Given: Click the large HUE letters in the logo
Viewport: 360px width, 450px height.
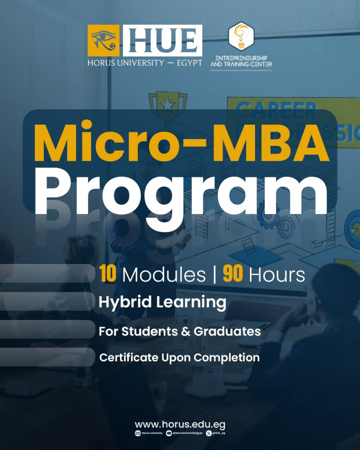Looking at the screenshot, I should click(162, 40).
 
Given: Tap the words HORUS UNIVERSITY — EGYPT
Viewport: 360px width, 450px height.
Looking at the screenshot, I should click(145, 63).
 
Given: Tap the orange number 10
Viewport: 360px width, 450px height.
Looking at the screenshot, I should click(108, 274).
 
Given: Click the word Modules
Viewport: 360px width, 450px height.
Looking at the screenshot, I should click(164, 275).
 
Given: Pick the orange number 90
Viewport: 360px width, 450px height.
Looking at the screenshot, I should click(233, 274).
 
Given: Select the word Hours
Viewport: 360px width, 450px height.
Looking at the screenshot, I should click(276, 275).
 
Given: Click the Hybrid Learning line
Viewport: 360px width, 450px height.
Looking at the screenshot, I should click(162, 302).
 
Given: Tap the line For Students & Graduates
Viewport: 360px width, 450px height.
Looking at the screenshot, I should click(179, 330).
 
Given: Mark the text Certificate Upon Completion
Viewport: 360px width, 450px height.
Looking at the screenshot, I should click(179, 358).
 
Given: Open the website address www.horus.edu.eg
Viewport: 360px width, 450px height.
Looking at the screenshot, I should click(180, 425).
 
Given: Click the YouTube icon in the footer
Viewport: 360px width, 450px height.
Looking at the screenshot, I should click(169, 433).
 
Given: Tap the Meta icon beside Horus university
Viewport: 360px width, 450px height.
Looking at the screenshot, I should click(138, 433).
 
